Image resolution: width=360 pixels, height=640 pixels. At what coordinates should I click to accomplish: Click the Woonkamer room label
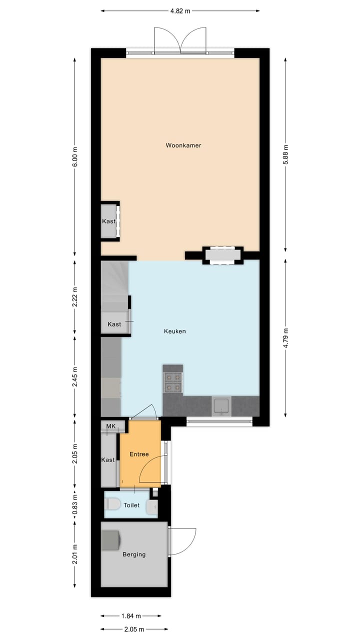tap(183, 145)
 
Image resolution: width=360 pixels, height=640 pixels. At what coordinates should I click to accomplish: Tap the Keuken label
tap(175, 331)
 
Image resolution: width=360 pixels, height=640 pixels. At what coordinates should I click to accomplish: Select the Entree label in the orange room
tap(139, 454)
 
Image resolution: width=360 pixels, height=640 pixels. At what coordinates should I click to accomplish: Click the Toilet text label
tap(131, 505)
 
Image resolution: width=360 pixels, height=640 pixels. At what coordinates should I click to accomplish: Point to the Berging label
tap(134, 554)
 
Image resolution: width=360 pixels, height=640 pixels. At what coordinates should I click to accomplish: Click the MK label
tap(110, 426)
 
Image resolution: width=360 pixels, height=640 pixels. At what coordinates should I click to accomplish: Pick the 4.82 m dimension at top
tap(180, 10)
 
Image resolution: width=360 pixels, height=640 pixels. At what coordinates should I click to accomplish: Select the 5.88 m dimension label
tap(285, 154)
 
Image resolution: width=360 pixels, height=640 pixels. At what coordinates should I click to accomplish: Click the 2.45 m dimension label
tap(75, 376)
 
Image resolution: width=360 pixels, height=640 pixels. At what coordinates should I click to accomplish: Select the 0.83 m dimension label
tap(75, 505)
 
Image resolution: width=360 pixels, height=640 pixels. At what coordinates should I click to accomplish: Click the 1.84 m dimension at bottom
tap(130, 616)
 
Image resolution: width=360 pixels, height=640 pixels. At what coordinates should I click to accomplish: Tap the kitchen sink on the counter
tap(221, 405)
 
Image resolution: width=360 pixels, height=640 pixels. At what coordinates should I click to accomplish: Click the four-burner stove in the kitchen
tap(173, 382)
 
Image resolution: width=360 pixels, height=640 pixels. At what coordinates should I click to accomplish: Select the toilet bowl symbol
tap(113, 505)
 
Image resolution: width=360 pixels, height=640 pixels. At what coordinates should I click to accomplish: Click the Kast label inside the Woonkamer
tap(108, 221)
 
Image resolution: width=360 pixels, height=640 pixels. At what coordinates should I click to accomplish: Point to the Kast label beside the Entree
tap(108, 459)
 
